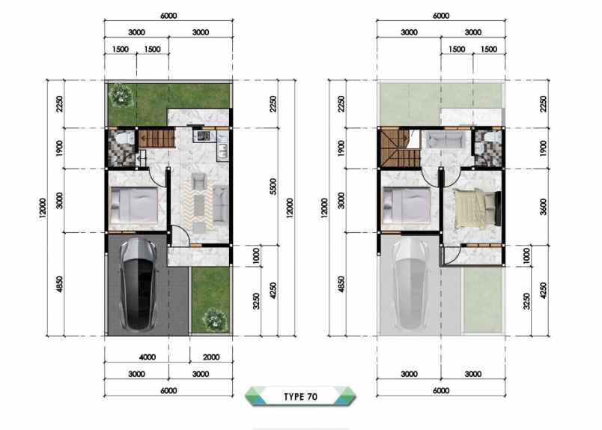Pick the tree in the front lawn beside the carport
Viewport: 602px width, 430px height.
point(214,318)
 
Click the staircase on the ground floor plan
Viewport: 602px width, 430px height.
point(158,139)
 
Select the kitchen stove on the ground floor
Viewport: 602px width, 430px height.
point(202,136)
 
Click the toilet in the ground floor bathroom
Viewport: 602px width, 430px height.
point(124,139)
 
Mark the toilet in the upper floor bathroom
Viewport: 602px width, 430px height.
point(491,139)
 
